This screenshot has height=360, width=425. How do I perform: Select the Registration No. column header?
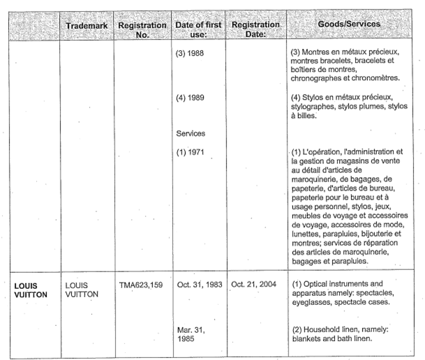point(142,29)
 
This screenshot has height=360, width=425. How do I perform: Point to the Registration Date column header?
point(255,29)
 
